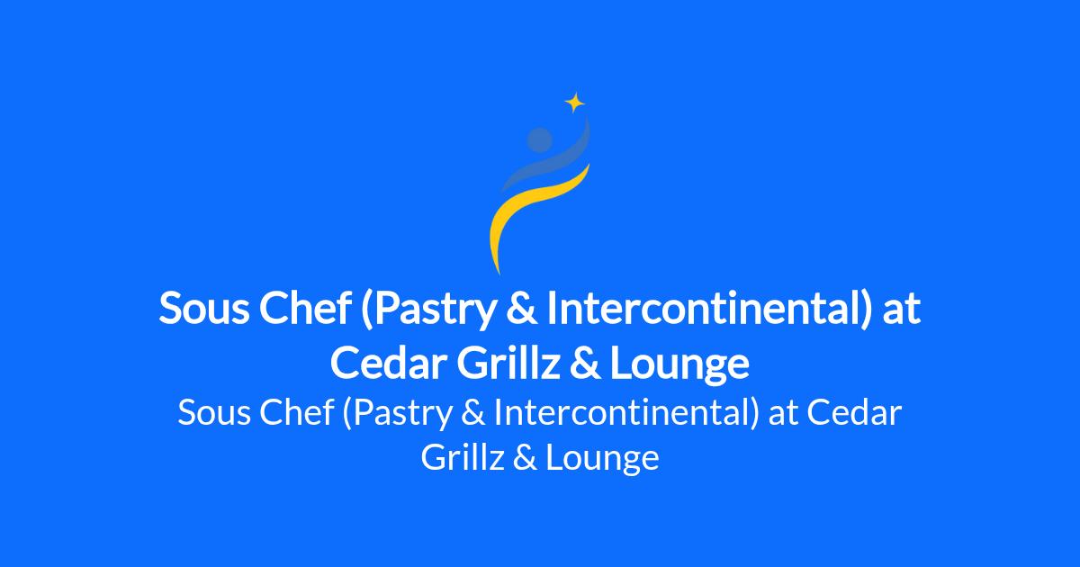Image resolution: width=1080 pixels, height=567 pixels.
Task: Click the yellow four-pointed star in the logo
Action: [575, 103]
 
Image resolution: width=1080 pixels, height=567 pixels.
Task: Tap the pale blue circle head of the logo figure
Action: [539, 139]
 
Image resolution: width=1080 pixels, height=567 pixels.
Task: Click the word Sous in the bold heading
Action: [204, 309]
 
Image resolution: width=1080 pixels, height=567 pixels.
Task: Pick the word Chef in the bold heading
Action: [305, 308]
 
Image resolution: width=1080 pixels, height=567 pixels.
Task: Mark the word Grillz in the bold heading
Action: [508, 362]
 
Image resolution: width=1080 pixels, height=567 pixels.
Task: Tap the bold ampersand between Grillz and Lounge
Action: [585, 363]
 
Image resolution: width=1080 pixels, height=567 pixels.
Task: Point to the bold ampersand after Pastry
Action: [522, 309]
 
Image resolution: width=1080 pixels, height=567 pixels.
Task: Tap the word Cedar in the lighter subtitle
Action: [854, 413]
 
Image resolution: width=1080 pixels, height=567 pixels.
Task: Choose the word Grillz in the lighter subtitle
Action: [463, 457]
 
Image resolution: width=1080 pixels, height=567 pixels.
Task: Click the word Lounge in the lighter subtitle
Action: [603, 459]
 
